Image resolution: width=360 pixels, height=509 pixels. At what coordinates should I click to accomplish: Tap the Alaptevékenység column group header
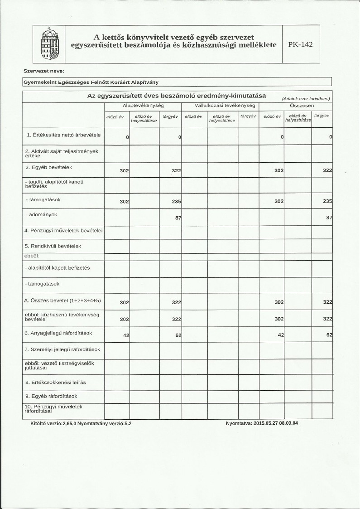(x=143, y=105)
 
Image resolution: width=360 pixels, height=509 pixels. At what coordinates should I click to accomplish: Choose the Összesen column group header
(x=298, y=105)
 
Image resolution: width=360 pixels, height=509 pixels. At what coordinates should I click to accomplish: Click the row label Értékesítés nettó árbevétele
(x=63, y=135)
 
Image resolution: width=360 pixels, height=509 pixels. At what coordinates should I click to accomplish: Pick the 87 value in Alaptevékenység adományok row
(x=178, y=218)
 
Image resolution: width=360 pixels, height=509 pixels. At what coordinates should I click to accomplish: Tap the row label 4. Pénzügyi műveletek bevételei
(x=63, y=230)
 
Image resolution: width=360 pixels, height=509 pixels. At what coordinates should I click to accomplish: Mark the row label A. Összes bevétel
(x=62, y=301)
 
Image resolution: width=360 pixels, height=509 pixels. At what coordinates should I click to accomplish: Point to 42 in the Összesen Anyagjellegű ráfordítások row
(x=280, y=335)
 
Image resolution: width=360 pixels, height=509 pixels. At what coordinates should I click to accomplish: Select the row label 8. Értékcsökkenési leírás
(x=56, y=382)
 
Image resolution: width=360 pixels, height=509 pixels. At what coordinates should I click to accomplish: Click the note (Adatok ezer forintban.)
(x=306, y=98)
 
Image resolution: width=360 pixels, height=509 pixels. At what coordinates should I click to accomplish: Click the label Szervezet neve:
(x=44, y=71)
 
